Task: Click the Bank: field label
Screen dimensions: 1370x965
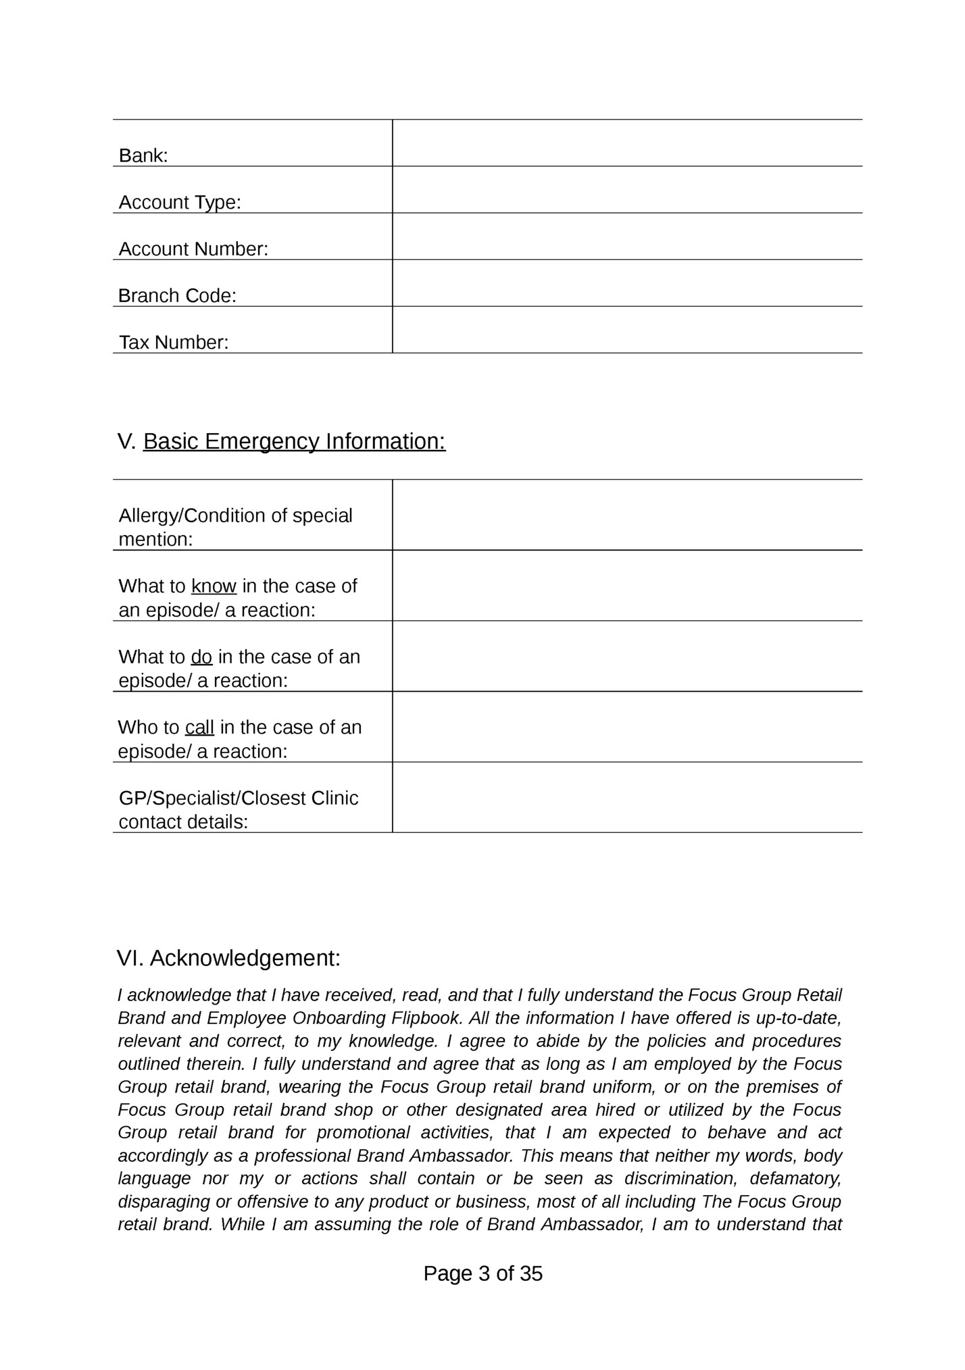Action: [x=143, y=155]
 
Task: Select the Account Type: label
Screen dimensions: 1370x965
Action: [x=180, y=202]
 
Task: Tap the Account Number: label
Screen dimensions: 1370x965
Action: [x=193, y=249]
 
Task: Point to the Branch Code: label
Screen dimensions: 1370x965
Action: [x=177, y=295]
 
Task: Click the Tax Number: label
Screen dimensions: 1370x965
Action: [x=174, y=342]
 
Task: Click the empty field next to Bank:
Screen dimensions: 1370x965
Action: [x=626, y=143]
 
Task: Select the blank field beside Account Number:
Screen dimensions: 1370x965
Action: [x=626, y=236]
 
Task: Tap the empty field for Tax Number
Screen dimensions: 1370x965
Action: [x=626, y=330]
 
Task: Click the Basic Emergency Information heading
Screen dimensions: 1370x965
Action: [x=294, y=441]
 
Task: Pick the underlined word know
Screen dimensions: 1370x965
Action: [x=214, y=586]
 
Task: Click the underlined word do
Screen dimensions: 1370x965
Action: [x=201, y=657]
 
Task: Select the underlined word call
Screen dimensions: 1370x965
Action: [x=199, y=727]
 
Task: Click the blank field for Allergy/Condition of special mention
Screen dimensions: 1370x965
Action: [x=626, y=515]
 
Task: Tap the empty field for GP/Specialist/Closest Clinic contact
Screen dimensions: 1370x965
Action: [x=626, y=798]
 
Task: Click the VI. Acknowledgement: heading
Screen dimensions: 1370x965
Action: [x=228, y=958]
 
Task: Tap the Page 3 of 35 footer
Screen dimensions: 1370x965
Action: [x=483, y=1273]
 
